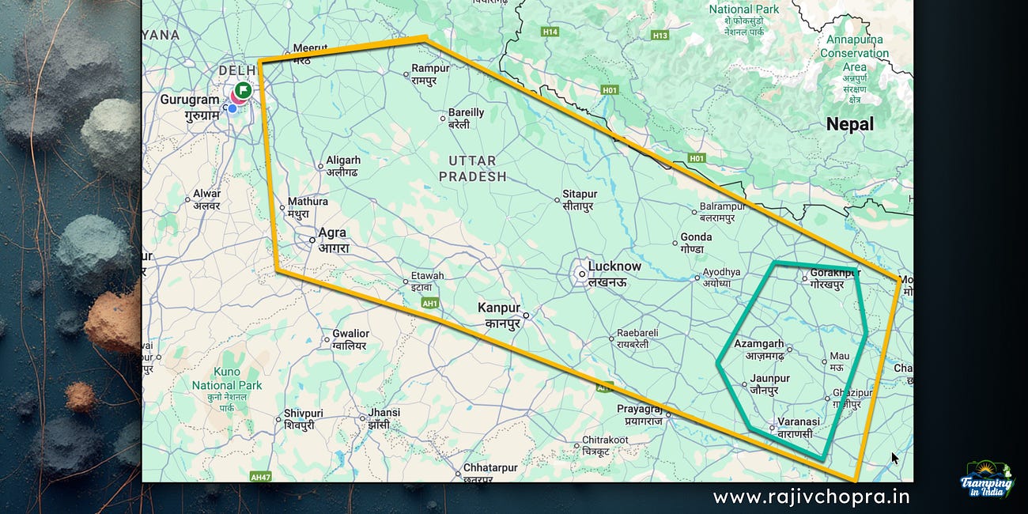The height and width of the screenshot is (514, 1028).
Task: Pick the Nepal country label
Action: pyautogui.click(x=849, y=124)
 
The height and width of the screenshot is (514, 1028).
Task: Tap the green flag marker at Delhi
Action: pyautogui.click(x=243, y=90)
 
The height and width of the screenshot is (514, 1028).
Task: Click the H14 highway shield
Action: pyautogui.click(x=550, y=32)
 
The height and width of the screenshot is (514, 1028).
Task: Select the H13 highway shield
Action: pyautogui.click(x=660, y=36)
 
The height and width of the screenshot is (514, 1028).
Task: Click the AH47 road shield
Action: pyautogui.click(x=260, y=477)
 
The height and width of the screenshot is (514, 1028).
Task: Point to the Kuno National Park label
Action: pyautogui.click(x=226, y=385)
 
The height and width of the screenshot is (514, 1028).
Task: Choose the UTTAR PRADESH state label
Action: pyautogui.click(x=472, y=168)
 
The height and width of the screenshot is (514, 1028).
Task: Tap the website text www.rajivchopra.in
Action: pyautogui.click(x=811, y=497)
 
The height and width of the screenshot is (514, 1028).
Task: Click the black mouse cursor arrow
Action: pyautogui.click(x=895, y=458)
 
